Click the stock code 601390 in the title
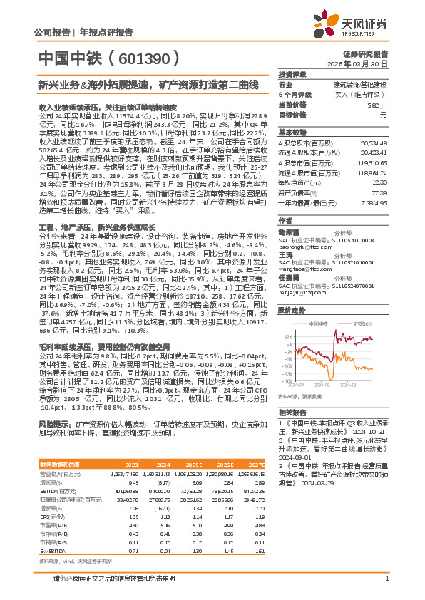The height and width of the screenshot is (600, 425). [148, 56]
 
